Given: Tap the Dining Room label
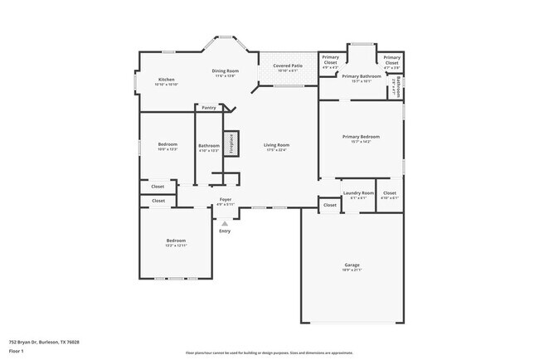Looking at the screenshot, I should pos(226,71).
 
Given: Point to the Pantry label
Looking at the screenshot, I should pos(208,107).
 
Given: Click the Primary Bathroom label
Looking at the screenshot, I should pos(362,76).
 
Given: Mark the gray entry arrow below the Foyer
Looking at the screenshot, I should pos(225,222).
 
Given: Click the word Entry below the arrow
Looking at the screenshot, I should pos(225,231).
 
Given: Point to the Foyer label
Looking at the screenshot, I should pos(225,199).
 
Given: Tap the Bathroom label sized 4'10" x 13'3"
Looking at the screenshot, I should pos(209,146).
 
